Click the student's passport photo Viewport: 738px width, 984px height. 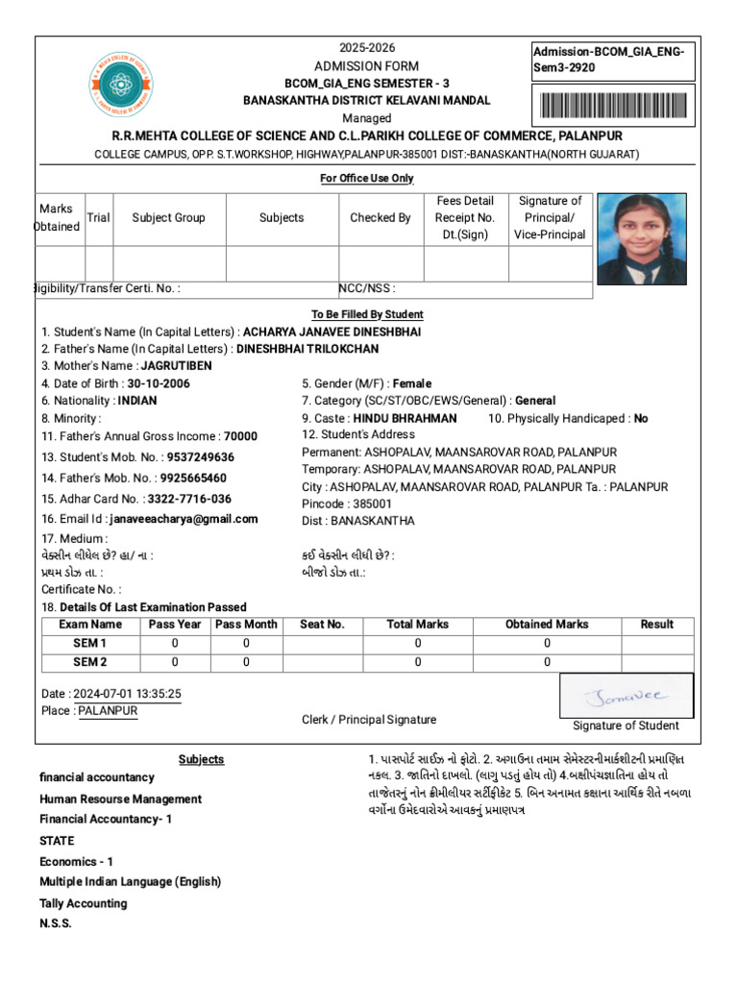tap(641, 238)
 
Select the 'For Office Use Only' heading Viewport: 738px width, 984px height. tap(366, 179)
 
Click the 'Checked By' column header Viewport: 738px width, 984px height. tap(380, 218)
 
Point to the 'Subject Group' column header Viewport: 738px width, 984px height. tap(168, 218)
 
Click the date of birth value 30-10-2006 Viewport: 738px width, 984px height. tap(159, 383)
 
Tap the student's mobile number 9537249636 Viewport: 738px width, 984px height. tap(200, 457)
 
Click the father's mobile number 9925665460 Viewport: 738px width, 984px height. tap(193, 478)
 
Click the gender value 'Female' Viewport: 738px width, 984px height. tap(412, 383)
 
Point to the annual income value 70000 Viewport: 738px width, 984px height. tap(240, 436)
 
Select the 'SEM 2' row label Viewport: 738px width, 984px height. tap(90, 662)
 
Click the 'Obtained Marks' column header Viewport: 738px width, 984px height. tap(547, 625)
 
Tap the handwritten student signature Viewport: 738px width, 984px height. tap(626, 694)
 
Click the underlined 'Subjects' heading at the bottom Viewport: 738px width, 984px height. tap(201, 759)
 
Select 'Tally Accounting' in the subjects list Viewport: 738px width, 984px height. tap(83, 903)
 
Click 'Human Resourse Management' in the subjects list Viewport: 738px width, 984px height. tap(120, 799)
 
